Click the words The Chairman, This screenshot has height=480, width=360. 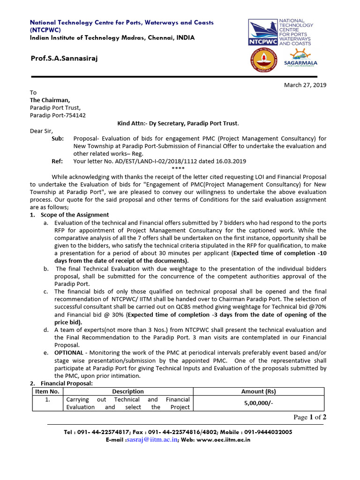click(x=50, y=100)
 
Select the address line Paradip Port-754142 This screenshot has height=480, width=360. click(x=58, y=115)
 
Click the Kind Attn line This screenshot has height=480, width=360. click(x=178, y=123)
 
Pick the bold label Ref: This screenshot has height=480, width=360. click(x=57, y=161)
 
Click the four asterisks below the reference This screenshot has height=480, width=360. click(x=178, y=169)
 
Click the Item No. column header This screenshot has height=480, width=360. click(x=47, y=391)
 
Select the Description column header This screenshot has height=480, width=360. click(x=127, y=391)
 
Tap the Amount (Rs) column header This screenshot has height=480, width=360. click(x=259, y=391)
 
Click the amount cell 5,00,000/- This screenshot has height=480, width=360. click(x=259, y=403)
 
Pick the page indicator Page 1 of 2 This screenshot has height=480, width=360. click(x=310, y=417)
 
